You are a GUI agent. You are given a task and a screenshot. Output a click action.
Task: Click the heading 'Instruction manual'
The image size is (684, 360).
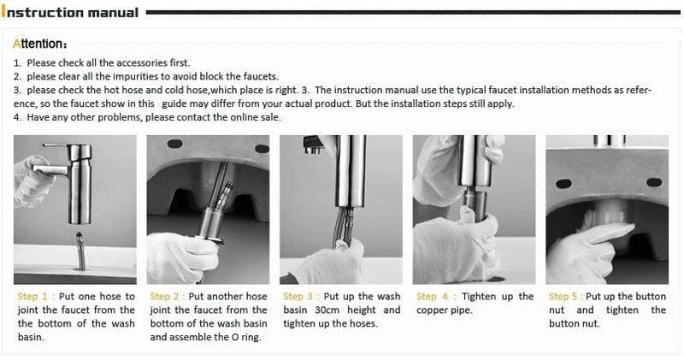[x=72, y=12]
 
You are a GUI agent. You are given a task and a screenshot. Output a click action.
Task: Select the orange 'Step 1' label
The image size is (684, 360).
[x=35, y=297]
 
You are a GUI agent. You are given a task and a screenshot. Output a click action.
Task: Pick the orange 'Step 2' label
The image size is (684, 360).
[x=168, y=297]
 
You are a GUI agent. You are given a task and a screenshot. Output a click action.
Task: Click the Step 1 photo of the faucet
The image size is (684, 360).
[x=75, y=209]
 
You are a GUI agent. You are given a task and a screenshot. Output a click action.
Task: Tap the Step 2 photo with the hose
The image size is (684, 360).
[x=208, y=209]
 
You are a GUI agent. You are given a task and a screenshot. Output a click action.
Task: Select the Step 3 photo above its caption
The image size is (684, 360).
[x=341, y=209]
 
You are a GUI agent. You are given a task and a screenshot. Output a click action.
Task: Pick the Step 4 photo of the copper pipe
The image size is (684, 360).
[x=474, y=209]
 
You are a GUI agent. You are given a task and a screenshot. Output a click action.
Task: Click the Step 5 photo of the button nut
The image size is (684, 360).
[x=606, y=209]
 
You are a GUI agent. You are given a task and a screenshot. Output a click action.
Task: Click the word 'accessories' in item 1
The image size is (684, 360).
[x=141, y=63]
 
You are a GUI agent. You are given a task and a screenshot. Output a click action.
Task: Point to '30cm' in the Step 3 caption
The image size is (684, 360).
[x=321, y=310]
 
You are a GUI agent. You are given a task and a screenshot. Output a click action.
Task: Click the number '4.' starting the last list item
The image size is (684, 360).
[x=18, y=117]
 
